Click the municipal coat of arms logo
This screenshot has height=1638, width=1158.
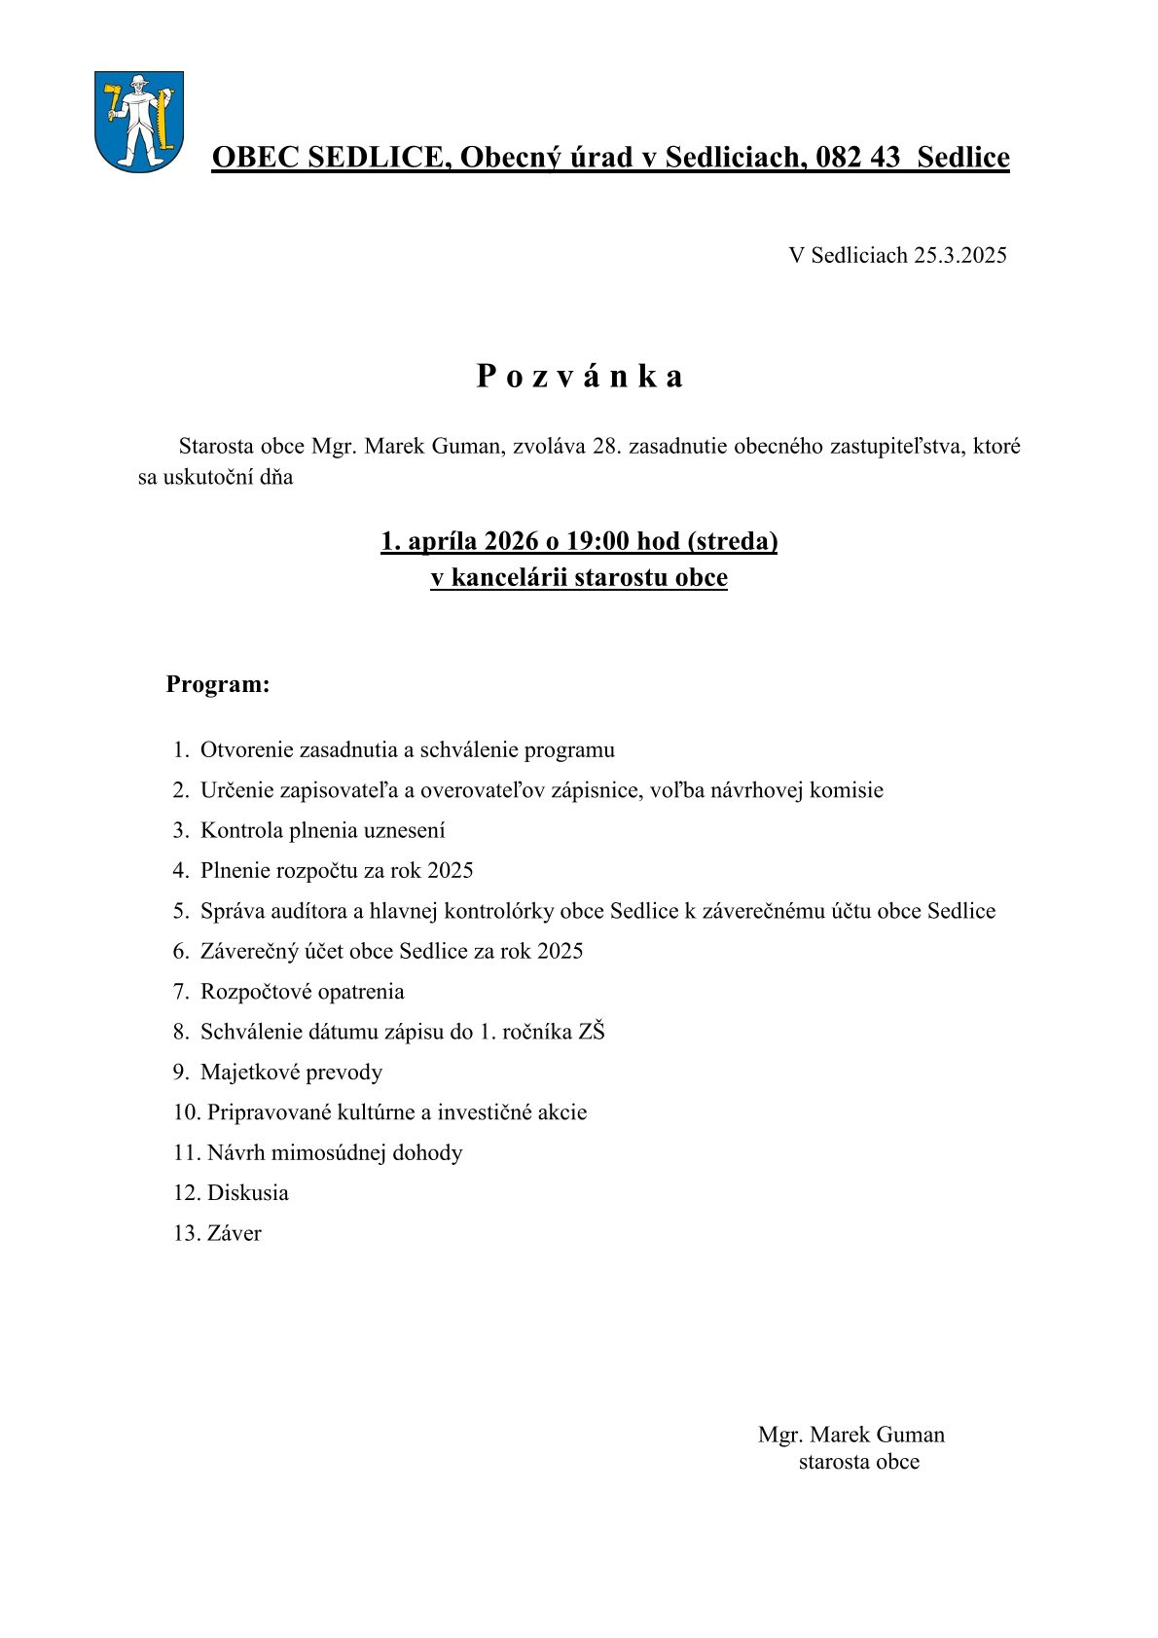tap(139, 122)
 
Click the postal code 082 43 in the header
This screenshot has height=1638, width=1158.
tap(858, 157)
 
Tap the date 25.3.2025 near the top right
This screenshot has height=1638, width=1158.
tap(959, 255)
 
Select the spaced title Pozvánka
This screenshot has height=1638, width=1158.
tap(579, 377)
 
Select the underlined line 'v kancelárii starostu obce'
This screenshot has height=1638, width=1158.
tap(579, 578)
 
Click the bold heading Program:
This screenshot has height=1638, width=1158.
tap(217, 684)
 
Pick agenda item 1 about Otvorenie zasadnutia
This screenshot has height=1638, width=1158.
tap(407, 750)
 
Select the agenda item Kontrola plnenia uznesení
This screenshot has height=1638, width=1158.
tap(322, 830)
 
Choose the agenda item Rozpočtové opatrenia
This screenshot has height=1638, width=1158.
tap(302, 992)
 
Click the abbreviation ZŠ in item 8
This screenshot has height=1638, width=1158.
tap(591, 1032)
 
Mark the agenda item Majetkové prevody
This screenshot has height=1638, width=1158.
tap(291, 1073)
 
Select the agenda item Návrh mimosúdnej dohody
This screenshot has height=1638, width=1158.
tap(334, 1153)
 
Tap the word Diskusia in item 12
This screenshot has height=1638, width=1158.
tap(247, 1193)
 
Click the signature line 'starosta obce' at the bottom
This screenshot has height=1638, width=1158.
tap(858, 1462)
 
